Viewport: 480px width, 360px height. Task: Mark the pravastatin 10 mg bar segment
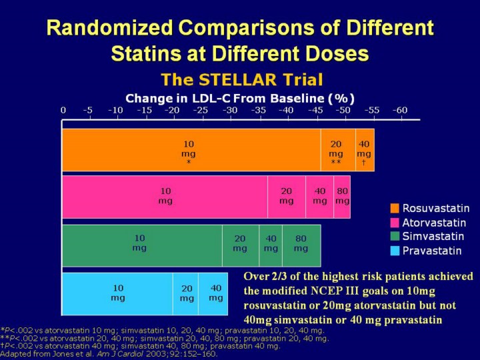[x=118, y=293]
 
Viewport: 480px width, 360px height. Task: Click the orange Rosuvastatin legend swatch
[x=395, y=209]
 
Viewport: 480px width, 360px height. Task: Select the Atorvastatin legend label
[x=434, y=223]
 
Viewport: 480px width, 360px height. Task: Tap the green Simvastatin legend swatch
[x=395, y=237]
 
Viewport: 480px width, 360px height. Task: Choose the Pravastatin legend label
[x=431, y=251]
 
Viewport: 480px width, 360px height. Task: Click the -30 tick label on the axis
[x=229, y=110]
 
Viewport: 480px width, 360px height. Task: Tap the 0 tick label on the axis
[x=63, y=110]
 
